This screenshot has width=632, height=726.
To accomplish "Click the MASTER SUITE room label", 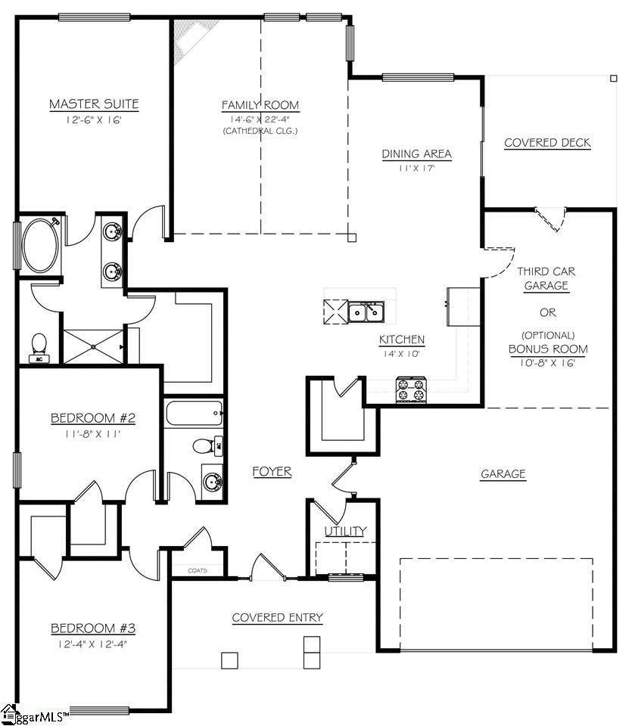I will pos(94,104).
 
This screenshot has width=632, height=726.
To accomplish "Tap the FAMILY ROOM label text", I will pos(260,105).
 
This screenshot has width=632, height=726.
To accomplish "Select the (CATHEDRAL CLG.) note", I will pos(260,131).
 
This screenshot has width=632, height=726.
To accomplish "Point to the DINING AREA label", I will pos(416,154).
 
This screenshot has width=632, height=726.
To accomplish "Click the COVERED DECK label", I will pos(547,143).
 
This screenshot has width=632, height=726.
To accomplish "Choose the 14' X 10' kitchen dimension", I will pos(401,353).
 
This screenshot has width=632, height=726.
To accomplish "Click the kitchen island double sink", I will pos(366,311).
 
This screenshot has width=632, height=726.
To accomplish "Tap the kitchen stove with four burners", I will pos(411,389).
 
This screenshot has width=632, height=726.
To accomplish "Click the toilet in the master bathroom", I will pos(39,346).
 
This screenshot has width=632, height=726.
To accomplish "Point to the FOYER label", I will pos(272,472).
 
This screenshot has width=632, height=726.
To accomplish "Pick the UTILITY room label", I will pos(345,532).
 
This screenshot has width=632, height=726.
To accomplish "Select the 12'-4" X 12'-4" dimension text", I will pos(93,644).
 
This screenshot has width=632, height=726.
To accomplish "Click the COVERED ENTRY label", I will pos(277,618).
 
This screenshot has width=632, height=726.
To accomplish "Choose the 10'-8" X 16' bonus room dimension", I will pos(548,363).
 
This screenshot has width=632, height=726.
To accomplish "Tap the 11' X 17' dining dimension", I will pos(416,169).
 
